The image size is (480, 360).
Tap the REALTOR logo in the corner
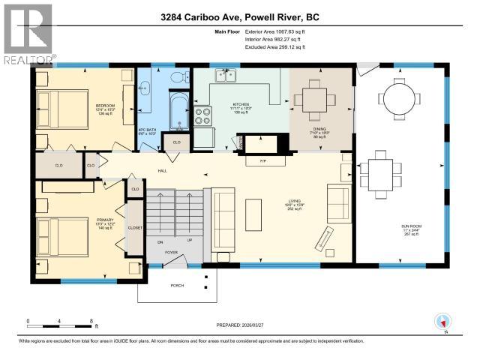[x=28, y=34]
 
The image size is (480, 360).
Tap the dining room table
[x=319, y=99]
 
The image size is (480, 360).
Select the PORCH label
[x=177, y=284]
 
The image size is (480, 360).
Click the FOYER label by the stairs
[x=170, y=252]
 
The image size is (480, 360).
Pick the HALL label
[x=162, y=170]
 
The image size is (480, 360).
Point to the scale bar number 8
[x=91, y=320]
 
